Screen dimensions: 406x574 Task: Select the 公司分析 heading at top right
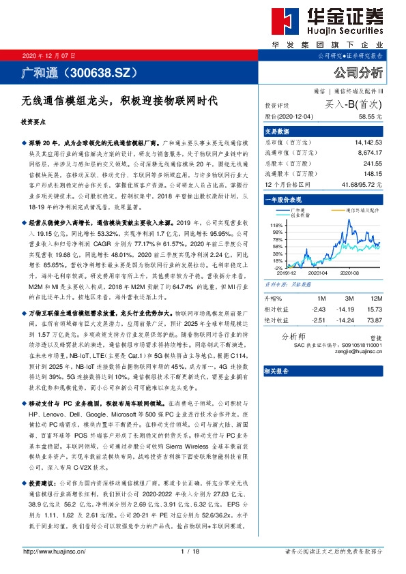point(358,72)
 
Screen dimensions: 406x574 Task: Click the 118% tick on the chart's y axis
point(276,225)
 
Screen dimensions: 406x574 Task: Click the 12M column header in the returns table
point(375,298)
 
